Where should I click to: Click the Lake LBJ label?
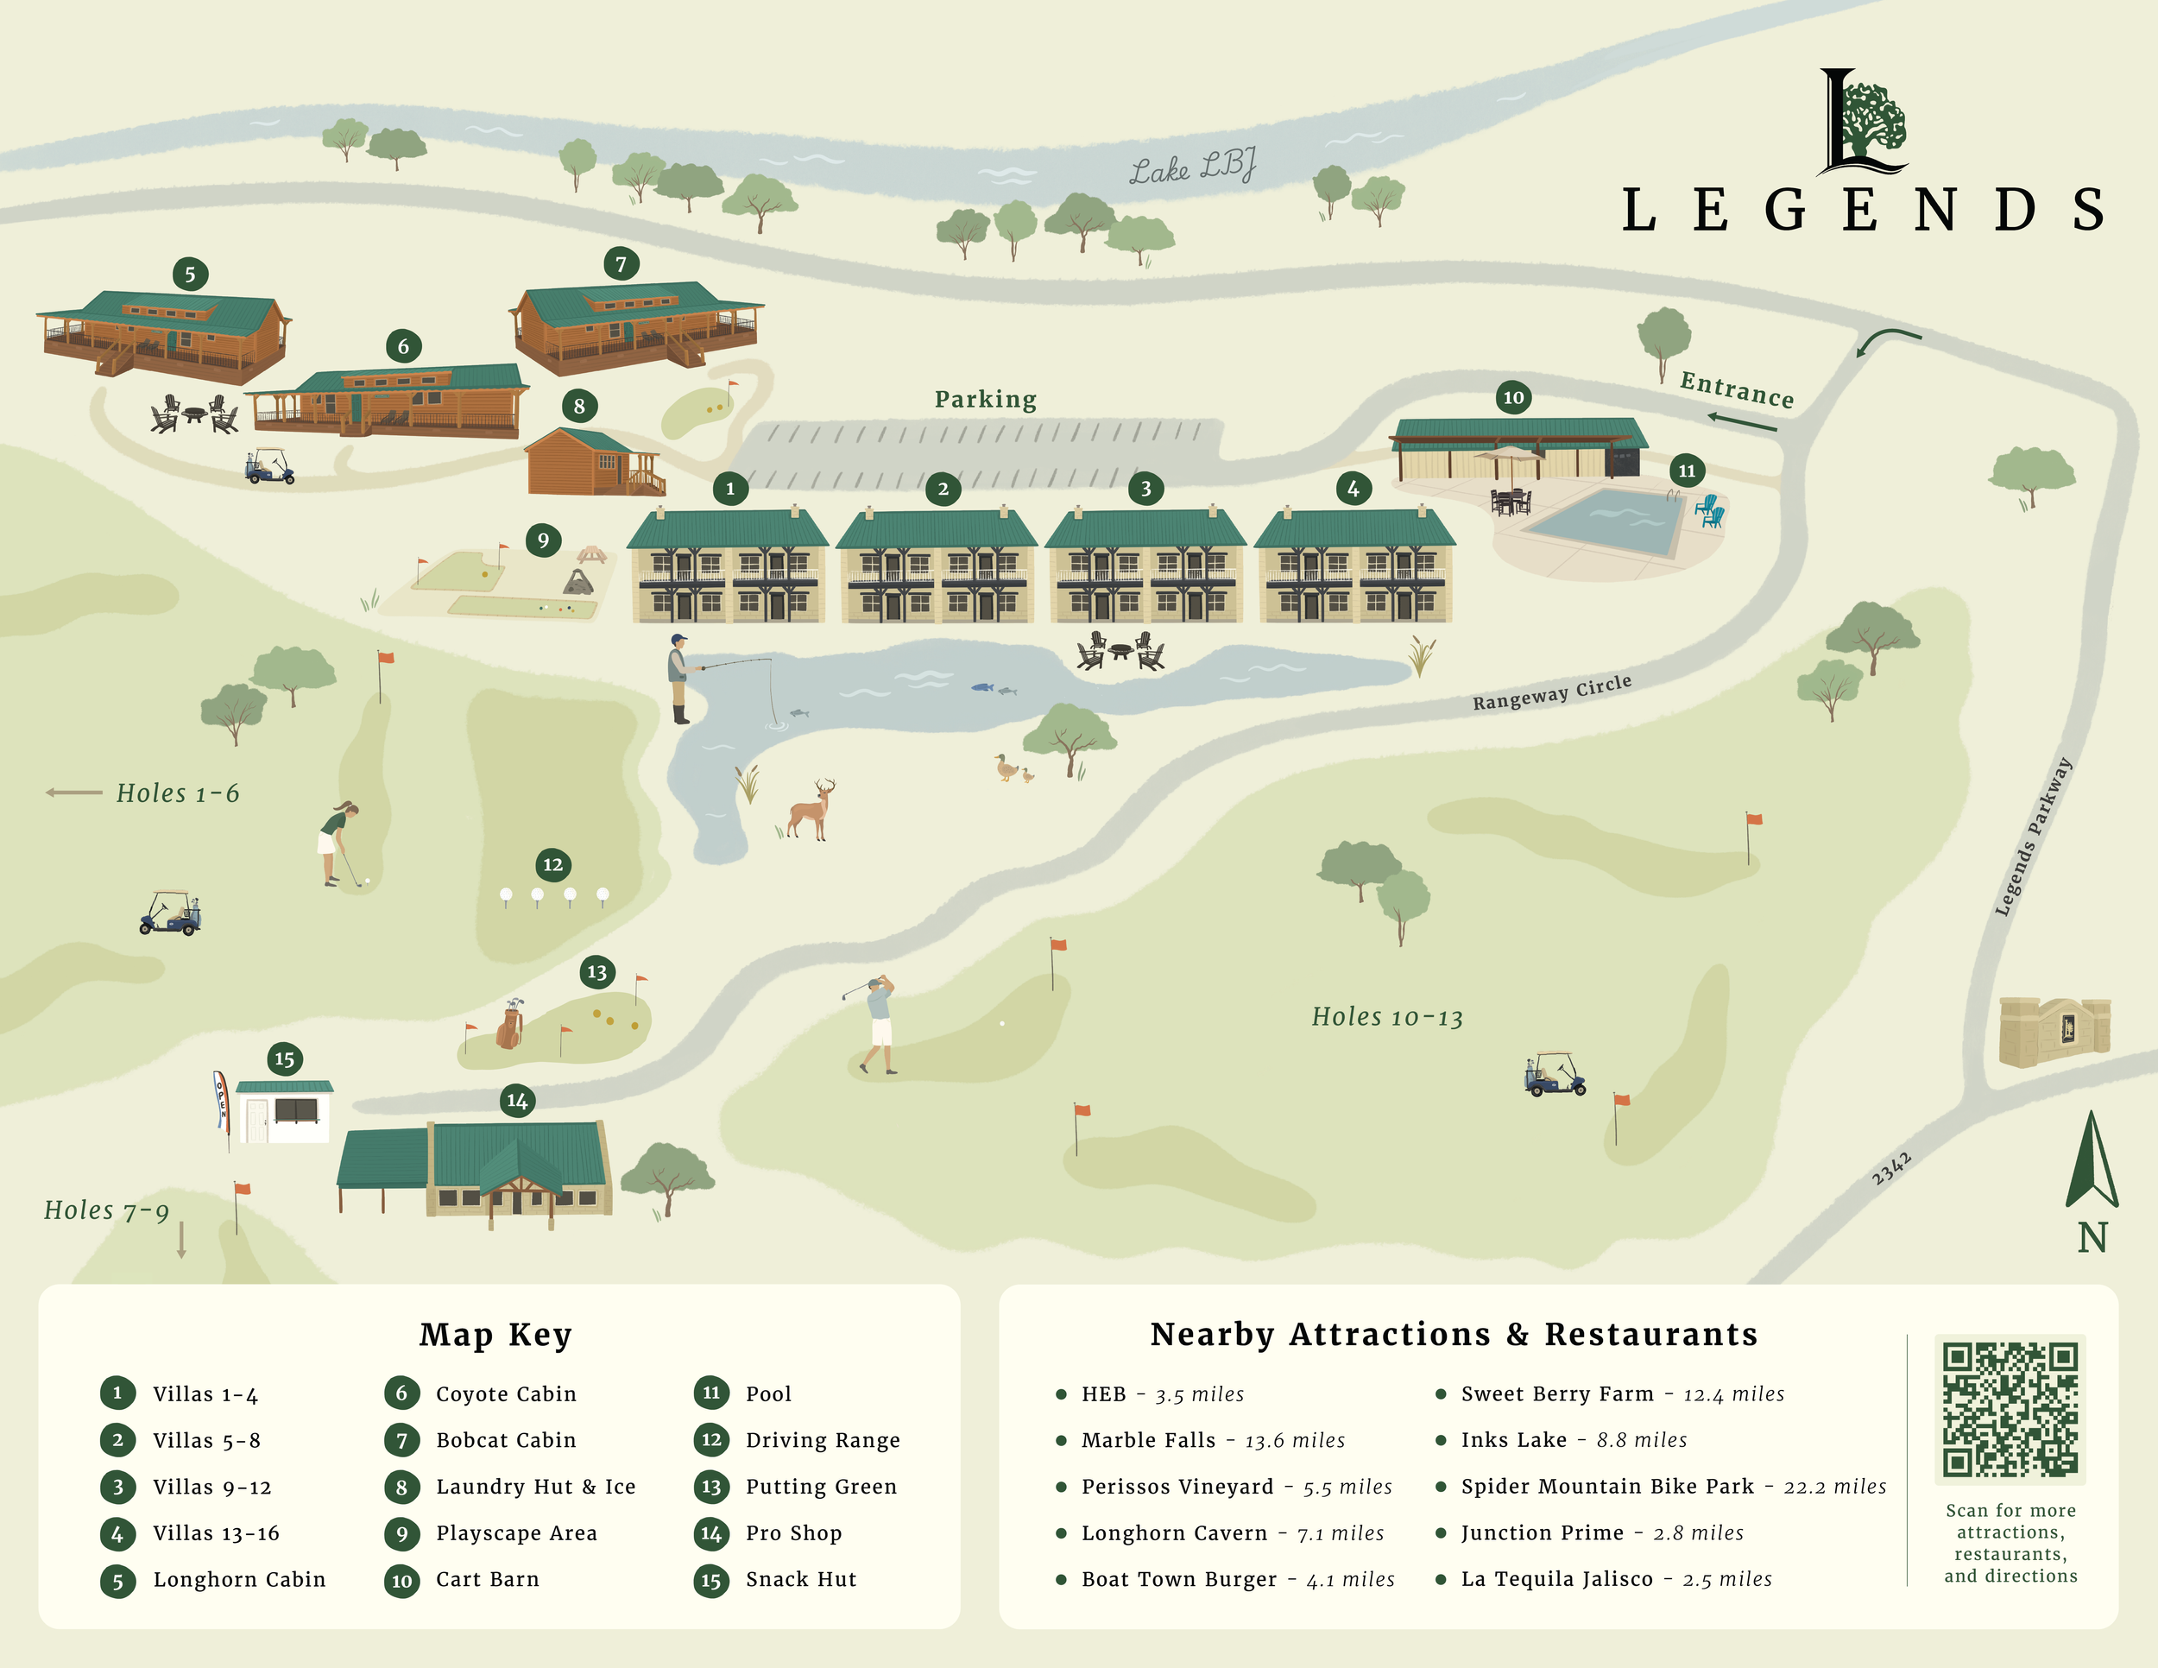tap(1193, 167)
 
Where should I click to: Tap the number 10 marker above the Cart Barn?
tap(1513, 397)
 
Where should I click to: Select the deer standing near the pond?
tap(811, 809)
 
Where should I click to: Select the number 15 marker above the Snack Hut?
tap(285, 1059)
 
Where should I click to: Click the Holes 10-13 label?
tap(1386, 1017)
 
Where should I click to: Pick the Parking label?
tap(985, 399)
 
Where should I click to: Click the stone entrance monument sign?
tap(2054, 1031)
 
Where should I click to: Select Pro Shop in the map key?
tap(792, 1532)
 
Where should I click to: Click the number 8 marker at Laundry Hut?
tap(579, 405)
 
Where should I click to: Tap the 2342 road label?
tap(1891, 1168)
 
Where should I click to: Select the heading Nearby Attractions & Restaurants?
tap(1454, 1334)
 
